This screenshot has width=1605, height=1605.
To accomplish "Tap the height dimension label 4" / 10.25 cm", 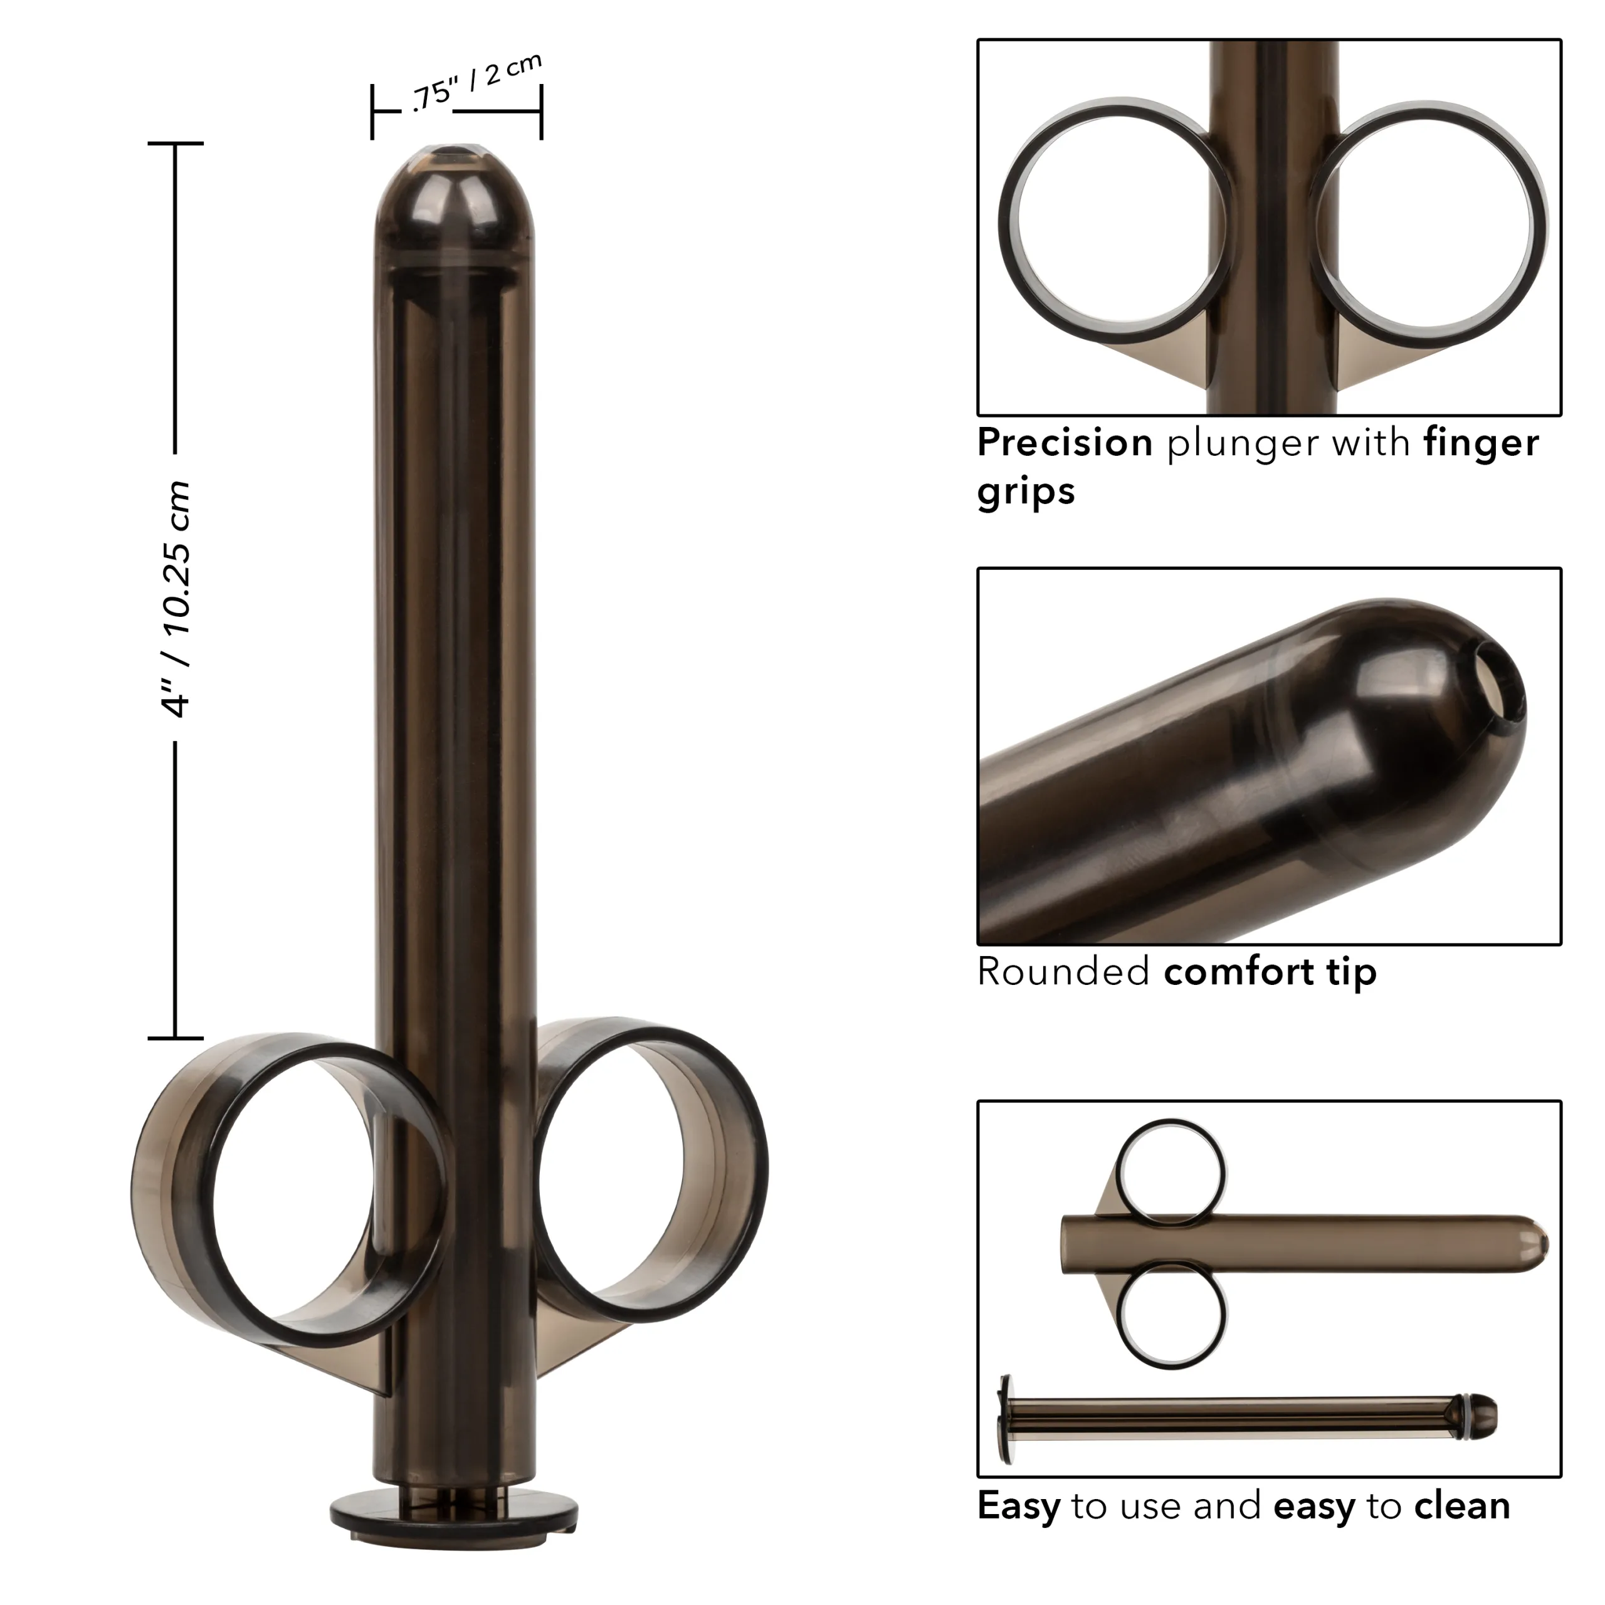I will coord(177,598).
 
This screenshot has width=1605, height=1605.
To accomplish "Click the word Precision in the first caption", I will coord(1064,443).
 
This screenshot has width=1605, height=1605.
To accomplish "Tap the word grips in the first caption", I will coord(1025,491).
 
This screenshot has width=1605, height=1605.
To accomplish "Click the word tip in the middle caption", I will coord(1351,971).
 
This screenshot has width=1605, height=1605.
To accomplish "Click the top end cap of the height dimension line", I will coord(176,143).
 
